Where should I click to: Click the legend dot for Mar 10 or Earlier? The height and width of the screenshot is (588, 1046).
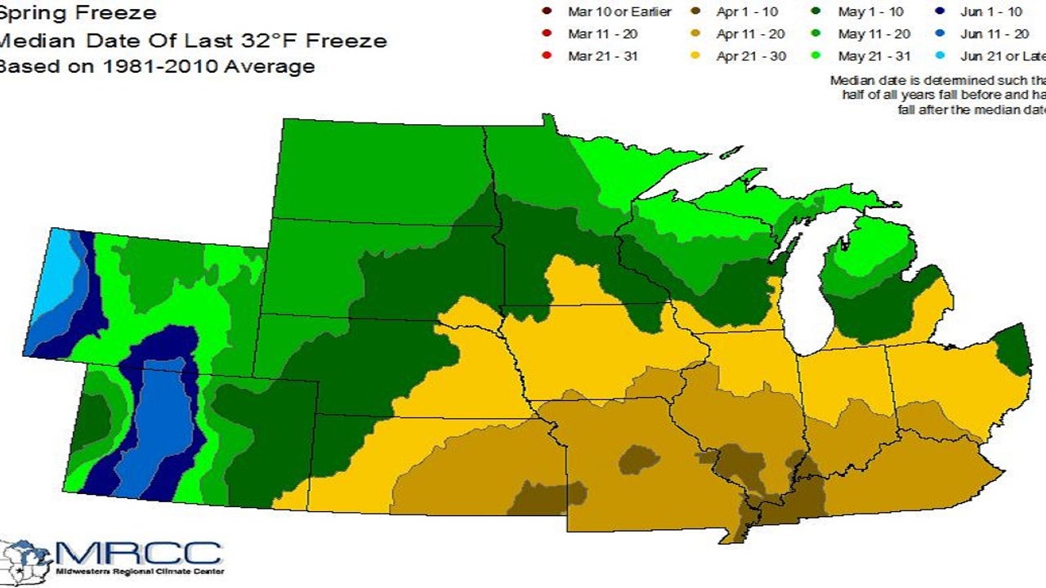(x=547, y=12)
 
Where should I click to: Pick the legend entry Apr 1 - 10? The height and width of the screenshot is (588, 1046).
(x=747, y=12)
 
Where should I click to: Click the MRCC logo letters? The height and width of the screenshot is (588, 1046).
(x=139, y=553)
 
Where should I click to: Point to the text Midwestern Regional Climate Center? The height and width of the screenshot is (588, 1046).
(x=139, y=572)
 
